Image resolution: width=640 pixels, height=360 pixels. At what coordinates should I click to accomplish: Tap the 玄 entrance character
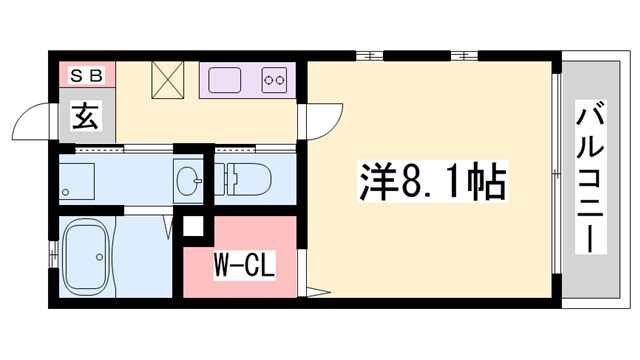(x=85, y=117)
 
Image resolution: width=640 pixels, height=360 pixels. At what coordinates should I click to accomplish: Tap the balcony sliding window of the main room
(x=556, y=180)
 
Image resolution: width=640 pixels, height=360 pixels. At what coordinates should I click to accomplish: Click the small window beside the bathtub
(x=49, y=258)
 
